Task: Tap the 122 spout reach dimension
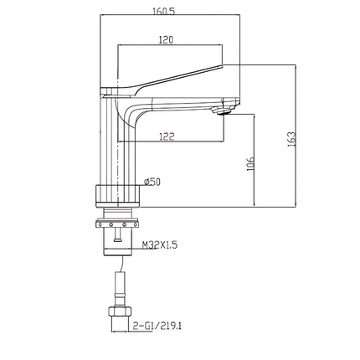(x=167, y=136)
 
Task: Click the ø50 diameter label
(x=152, y=182)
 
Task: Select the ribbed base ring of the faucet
(x=117, y=194)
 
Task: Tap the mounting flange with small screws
(x=118, y=224)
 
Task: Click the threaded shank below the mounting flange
(x=118, y=241)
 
